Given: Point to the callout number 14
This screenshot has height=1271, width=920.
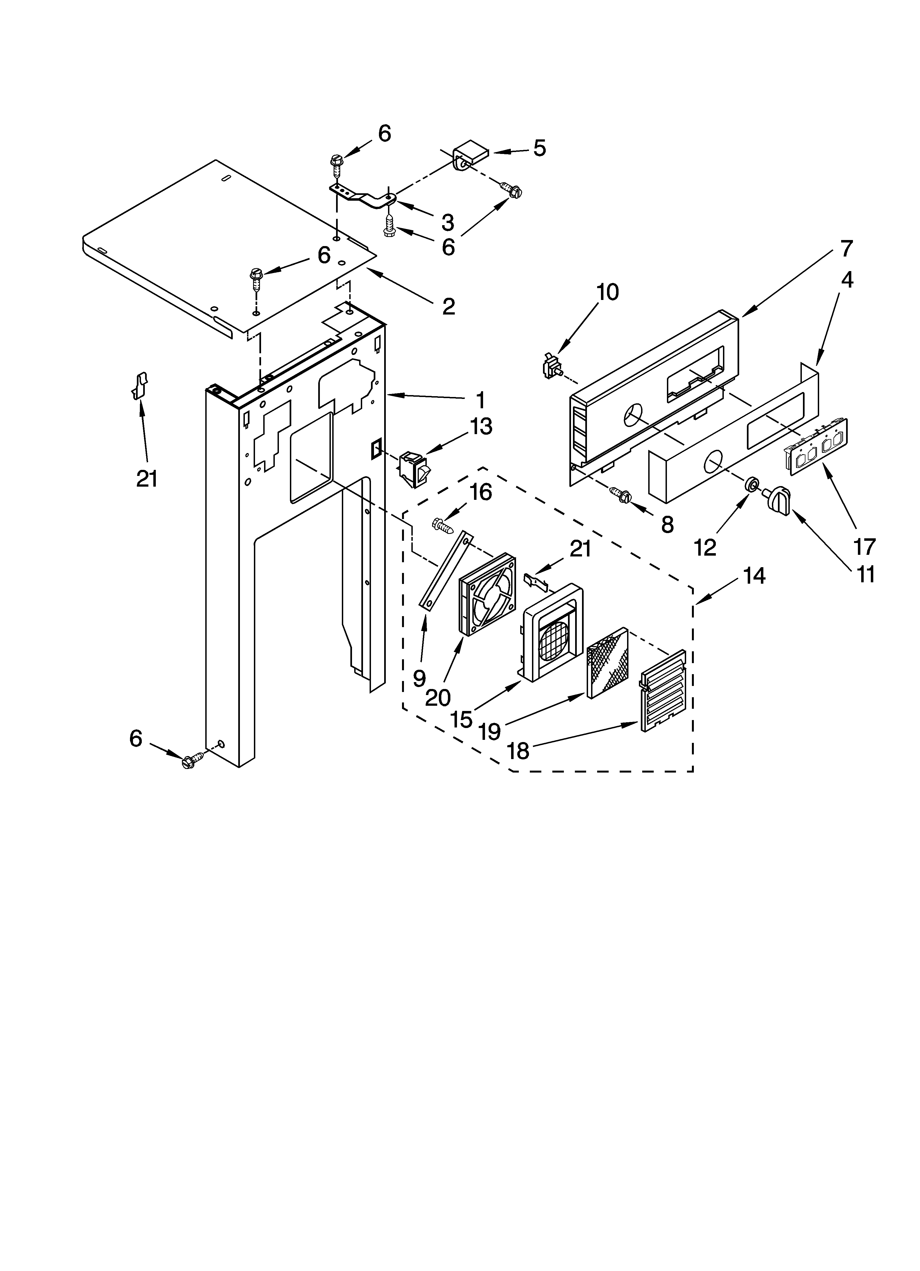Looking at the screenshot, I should (x=754, y=576).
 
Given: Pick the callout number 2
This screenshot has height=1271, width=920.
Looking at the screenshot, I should (x=448, y=307).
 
